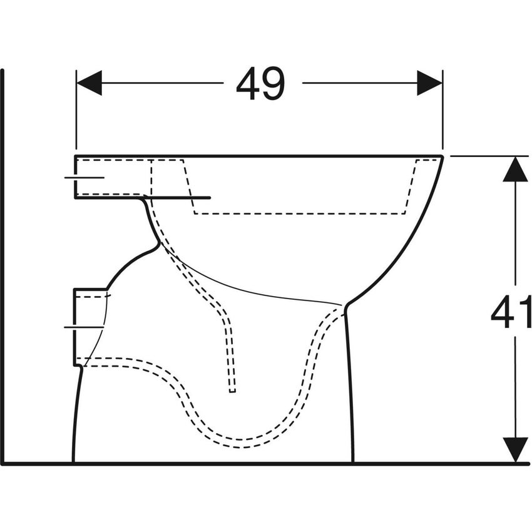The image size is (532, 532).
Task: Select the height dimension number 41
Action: (x=511, y=313)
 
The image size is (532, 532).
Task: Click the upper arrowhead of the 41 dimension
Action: (x=515, y=169)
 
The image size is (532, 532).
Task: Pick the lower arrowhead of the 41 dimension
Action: (x=515, y=449)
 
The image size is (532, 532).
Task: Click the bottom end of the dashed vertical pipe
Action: (x=232, y=391)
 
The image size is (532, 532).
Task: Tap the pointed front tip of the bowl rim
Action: (x=442, y=156)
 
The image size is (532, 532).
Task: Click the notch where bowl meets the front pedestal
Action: (x=345, y=306)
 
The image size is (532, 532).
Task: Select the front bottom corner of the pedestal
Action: (x=353, y=462)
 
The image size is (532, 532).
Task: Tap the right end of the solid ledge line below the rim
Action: (x=210, y=198)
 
